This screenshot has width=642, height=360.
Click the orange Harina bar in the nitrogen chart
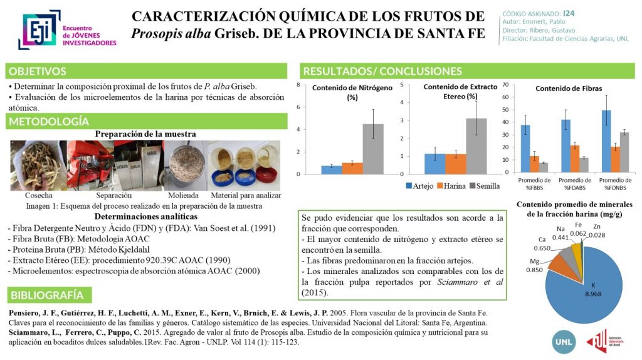(x=352, y=168)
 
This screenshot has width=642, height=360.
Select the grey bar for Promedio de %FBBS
(x=544, y=167)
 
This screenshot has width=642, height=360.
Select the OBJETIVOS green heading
(x=38, y=71)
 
